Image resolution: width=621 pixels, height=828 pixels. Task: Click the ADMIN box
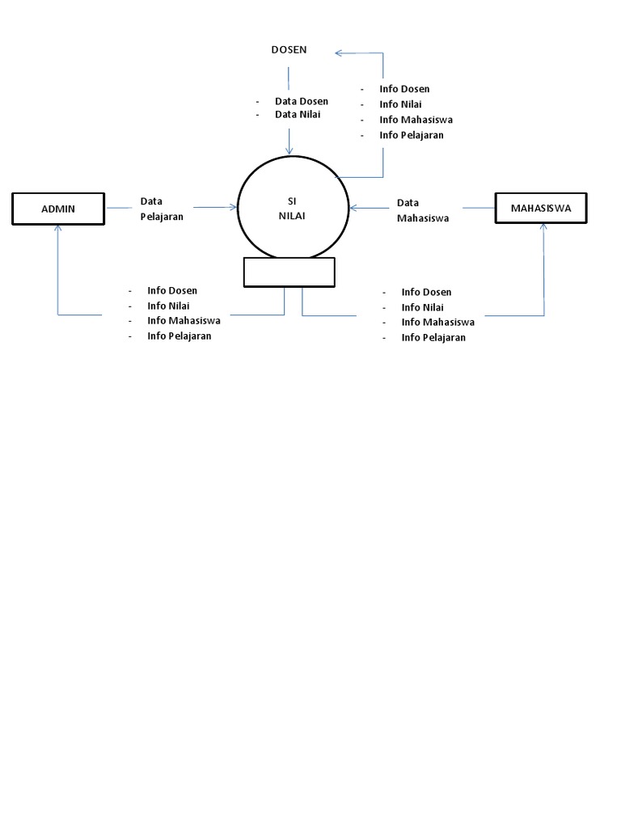58,209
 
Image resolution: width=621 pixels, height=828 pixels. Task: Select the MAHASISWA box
541,208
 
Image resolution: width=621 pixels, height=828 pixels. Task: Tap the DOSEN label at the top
289,50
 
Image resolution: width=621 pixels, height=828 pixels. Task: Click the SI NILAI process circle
293,208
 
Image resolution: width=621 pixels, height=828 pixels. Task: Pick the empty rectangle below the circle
289,272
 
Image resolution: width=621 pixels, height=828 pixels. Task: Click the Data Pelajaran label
162,209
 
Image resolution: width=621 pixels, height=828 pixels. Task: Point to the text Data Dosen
301,101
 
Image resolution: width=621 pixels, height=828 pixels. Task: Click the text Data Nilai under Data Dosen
298,115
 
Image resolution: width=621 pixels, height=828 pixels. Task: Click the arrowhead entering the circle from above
289,150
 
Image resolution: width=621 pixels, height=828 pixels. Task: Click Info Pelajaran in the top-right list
411,135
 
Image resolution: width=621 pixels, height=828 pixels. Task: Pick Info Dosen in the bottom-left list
171,290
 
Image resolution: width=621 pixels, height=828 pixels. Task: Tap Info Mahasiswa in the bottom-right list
437,322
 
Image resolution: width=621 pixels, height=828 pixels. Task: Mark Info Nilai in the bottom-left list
168,306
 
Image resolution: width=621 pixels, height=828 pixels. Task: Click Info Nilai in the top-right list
400,104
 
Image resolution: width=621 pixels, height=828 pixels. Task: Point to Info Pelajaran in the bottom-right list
433,338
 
